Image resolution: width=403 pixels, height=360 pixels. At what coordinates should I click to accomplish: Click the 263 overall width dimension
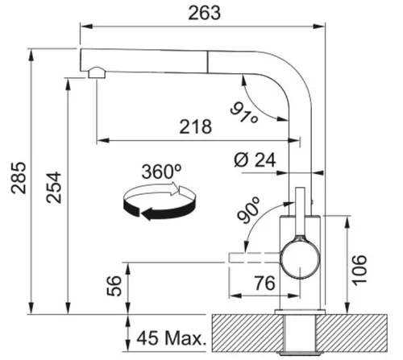click(x=204, y=13)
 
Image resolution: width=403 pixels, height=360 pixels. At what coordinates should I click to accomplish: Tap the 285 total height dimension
click(x=19, y=178)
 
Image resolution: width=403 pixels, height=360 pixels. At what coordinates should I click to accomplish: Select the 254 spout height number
click(x=53, y=188)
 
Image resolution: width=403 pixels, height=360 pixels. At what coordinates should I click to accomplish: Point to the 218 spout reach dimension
click(x=196, y=126)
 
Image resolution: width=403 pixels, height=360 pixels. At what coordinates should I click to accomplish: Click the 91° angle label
click(x=244, y=113)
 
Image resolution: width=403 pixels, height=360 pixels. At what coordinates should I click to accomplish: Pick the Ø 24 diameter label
click(x=255, y=160)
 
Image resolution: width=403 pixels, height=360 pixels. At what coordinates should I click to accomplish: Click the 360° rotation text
click(x=161, y=172)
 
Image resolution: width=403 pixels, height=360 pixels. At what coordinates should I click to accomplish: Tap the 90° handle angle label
click(x=248, y=210)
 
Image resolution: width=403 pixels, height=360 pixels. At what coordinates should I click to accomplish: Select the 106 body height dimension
click(x=359, y=271)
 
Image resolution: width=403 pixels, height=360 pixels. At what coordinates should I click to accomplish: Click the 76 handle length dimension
click(x=264, y=283)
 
